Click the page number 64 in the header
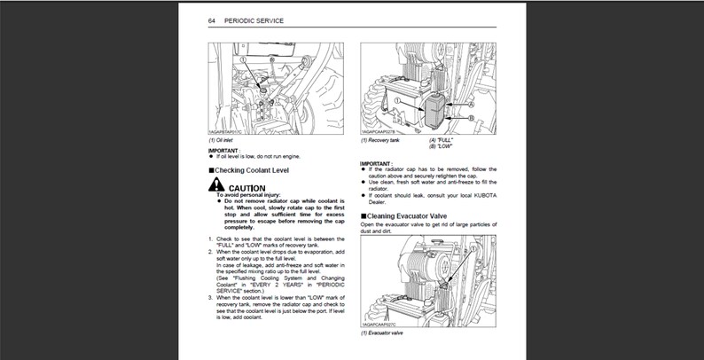click(213, 20)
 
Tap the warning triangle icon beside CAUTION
click(217, 186)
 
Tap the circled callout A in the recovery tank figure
click(471, 104)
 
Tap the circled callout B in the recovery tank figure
click(470, 116)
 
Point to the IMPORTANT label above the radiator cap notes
click(378, 163)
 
